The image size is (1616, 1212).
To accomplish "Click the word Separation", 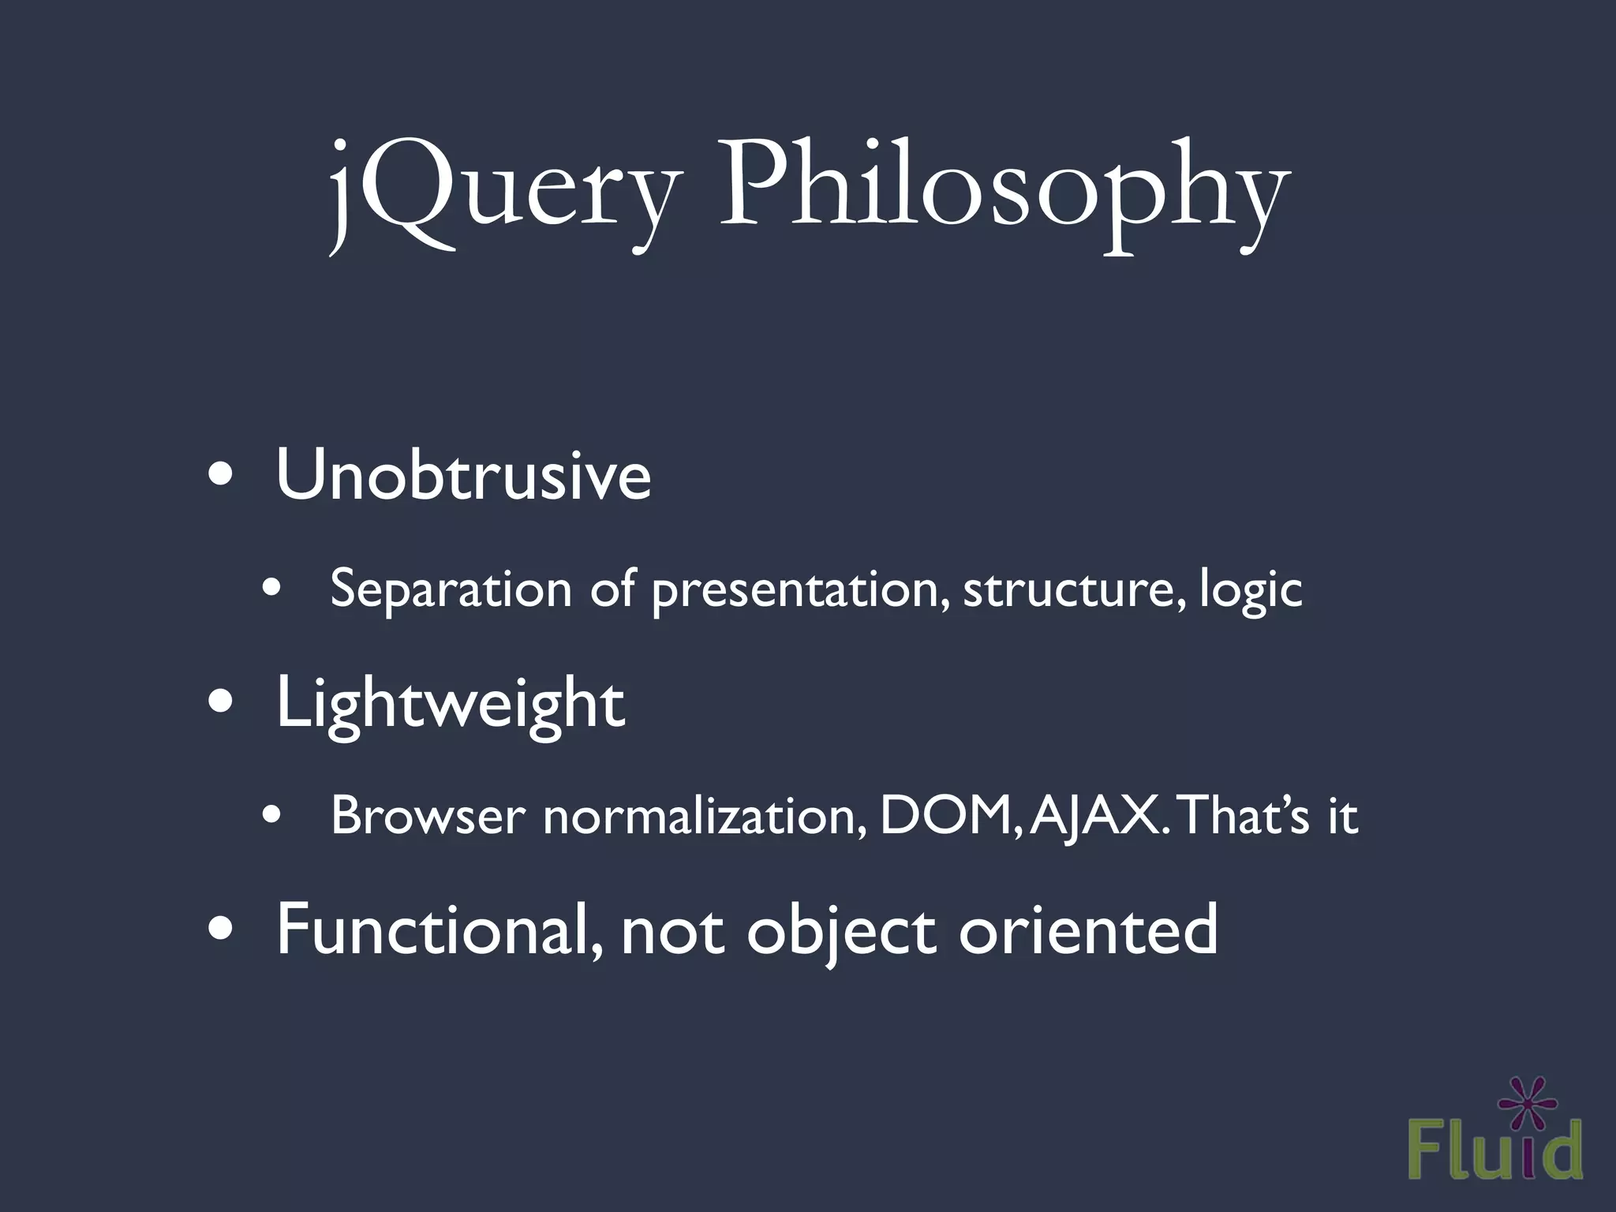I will click(451, 589).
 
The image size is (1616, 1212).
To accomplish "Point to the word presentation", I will click(800, 590).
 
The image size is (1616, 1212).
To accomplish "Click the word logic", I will click(1251, 590).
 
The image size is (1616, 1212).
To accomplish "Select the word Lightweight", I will click(450, 704).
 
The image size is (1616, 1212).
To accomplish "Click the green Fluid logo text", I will click(1494, 1151).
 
